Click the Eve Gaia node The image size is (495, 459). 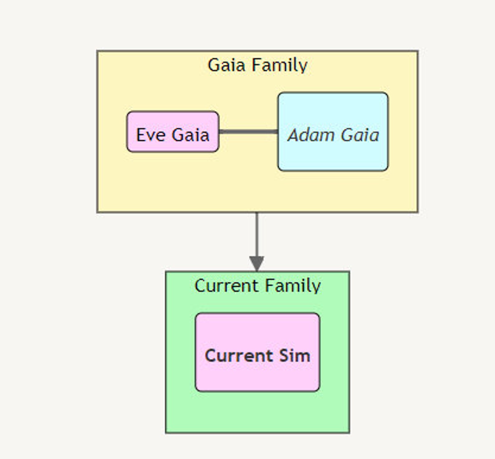click(173, 132)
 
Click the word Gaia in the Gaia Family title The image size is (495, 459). click(226, 65)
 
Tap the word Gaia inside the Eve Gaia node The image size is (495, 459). click(190, 135)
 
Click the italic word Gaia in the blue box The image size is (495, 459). click(360, 135)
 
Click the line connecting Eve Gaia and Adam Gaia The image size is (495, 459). click(248, 132)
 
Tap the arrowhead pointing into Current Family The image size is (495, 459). click(257, 263)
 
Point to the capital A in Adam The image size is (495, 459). click(294, 135)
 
